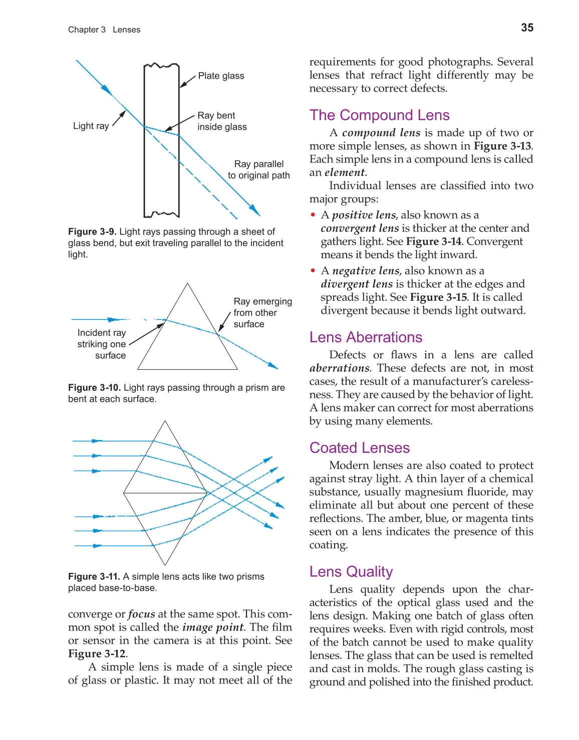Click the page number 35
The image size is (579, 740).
527,28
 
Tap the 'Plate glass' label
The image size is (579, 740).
221,76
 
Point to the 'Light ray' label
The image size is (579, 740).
91,126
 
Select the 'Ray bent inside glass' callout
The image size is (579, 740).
222,121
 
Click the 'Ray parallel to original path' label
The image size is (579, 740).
258,170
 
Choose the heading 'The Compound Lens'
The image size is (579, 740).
379,115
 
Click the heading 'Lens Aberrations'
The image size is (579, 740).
366,337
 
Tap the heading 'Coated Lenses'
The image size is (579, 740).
359,448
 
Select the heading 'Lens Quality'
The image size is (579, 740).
351,571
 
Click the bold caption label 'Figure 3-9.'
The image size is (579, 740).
92,232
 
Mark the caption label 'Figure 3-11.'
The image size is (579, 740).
94,576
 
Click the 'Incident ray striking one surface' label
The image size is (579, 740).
102,344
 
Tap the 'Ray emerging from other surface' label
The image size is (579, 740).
262,313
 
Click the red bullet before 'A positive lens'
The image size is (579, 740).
313,215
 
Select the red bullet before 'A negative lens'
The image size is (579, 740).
313,271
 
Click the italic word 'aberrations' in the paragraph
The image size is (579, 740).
339,368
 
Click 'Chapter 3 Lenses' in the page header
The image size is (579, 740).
104,30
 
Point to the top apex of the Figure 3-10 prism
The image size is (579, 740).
187,284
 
